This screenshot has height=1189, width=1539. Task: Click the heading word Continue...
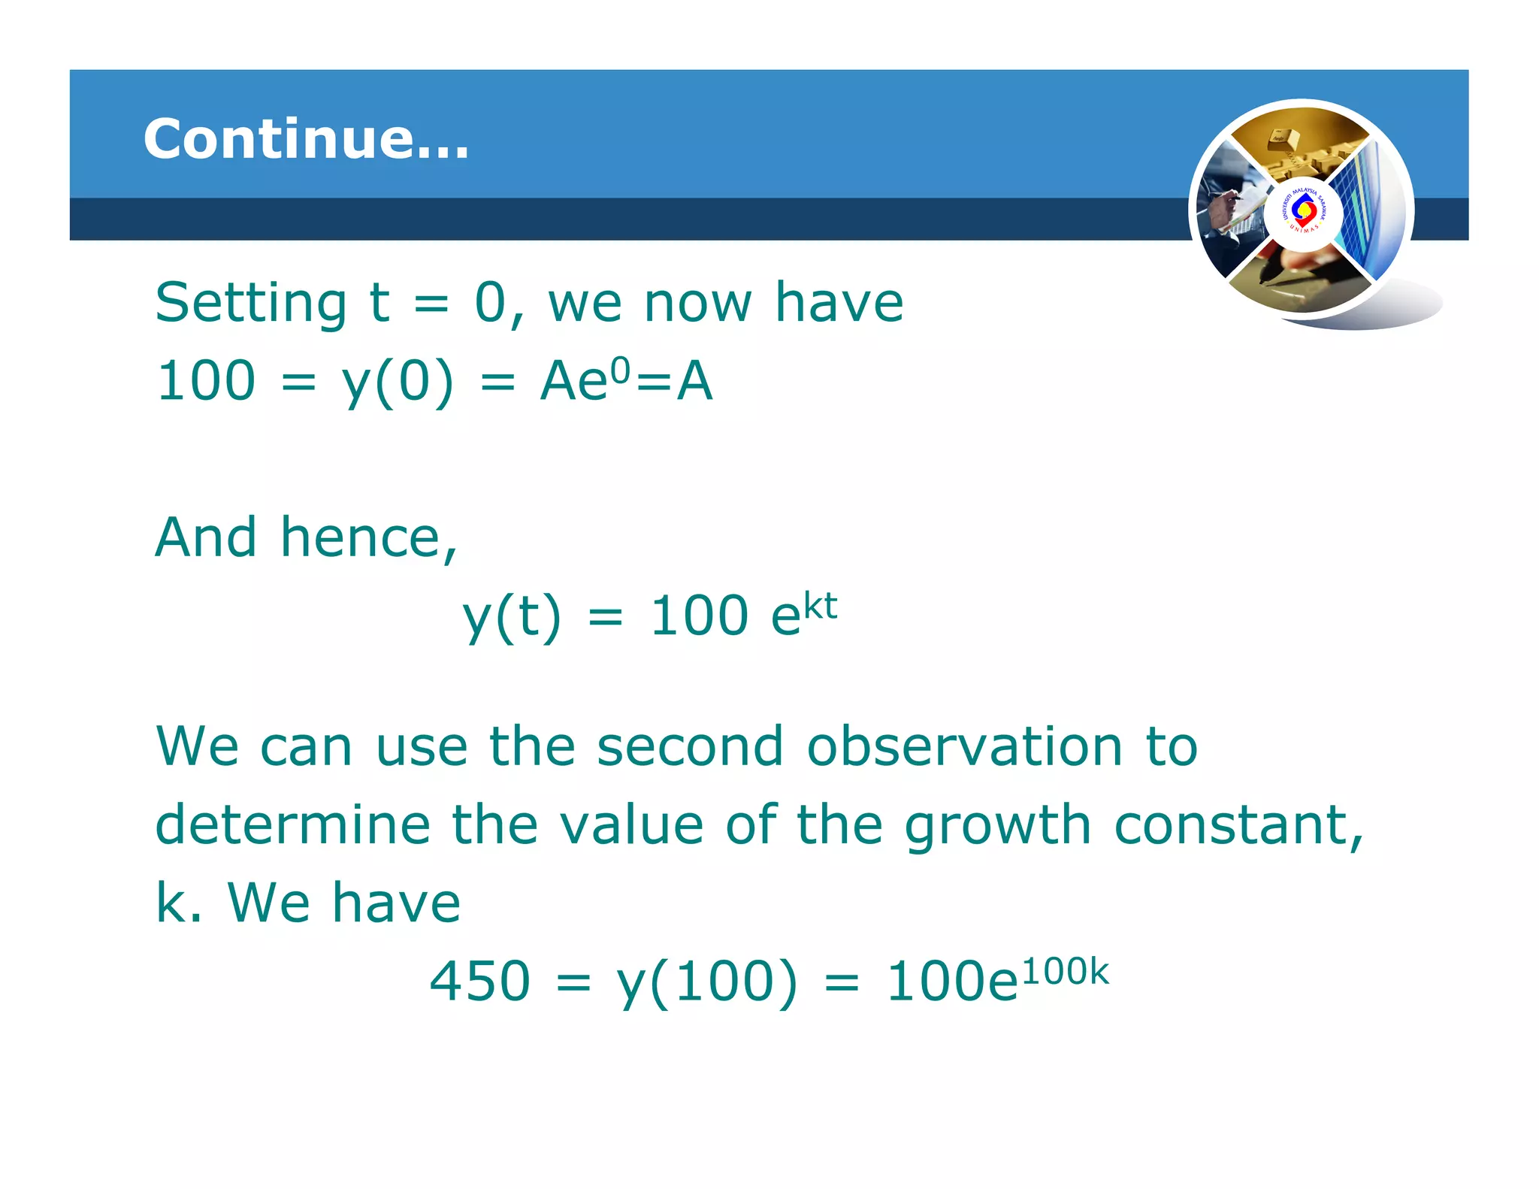tap(305, 139)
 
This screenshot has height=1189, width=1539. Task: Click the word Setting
tap(250, 303)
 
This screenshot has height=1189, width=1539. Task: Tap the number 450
tap(479, 982)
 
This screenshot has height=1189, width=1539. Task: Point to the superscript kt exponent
tap(820, 606)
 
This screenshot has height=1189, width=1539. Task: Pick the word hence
tap(368, 538)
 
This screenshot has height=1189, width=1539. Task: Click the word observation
tap(964, 747)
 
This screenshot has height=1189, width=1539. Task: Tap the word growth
tap(998, 825)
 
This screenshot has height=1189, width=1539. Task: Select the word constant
tap(1238, 825)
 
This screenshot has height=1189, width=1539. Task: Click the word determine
tap(292, 825)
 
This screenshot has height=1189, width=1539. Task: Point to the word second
tap(690, 747)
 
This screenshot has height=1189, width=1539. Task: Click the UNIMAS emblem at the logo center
tap(1302, 213)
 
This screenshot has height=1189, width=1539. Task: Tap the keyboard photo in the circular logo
tap(1299, 143)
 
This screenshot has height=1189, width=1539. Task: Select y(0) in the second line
tap(398, 382)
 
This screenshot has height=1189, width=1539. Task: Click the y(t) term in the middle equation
tap(511, 616)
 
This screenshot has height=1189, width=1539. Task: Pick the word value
tap(632, 825)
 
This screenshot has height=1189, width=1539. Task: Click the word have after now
tap(839, 303)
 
